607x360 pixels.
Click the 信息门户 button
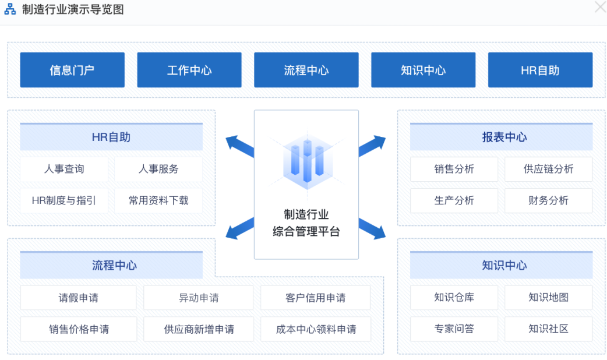click(72, 70)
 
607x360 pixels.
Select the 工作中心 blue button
click(189, 70)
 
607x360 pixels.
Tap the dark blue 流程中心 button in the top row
click(306, 70)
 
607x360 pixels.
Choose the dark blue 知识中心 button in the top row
click(424, 70)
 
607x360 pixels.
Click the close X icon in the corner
click(599, 7)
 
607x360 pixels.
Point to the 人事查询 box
click(64, 169)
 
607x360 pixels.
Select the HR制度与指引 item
click(64, 200)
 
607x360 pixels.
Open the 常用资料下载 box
click(158, 200)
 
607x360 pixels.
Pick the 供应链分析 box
click(548, 169)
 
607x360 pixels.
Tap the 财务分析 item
click(548, 200)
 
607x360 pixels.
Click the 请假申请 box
click(78, 298)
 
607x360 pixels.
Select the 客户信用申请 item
click(315, 298)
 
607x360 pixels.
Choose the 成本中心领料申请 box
click(315, 329)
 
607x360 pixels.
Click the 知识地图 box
click(548, 297)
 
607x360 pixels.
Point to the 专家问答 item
click(454, 329)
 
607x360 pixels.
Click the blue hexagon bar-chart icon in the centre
click(306, 160)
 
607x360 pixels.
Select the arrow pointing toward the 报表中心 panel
click(372, 146)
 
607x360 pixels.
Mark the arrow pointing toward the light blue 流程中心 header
click(239, 229)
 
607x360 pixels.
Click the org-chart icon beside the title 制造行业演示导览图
click(10, 10)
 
